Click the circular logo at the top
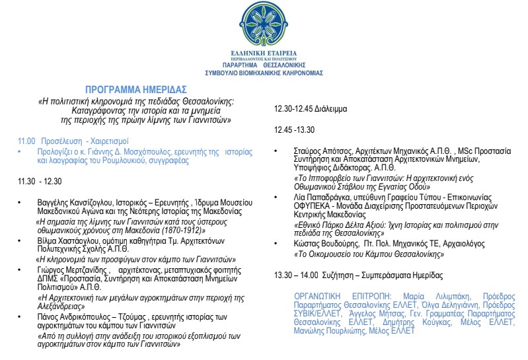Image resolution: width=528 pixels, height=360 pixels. pyautogui.click(x=264, y=24)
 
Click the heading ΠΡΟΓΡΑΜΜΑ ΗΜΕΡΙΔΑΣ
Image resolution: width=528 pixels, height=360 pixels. pyautogui.click(x=136, y=89)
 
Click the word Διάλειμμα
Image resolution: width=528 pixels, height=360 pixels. pyautogui.click(x=333, y=108)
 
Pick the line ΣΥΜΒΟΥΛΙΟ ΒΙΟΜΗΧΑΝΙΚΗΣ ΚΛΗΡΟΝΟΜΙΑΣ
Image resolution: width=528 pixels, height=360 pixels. pyautogui.click(x=264, y=74)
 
